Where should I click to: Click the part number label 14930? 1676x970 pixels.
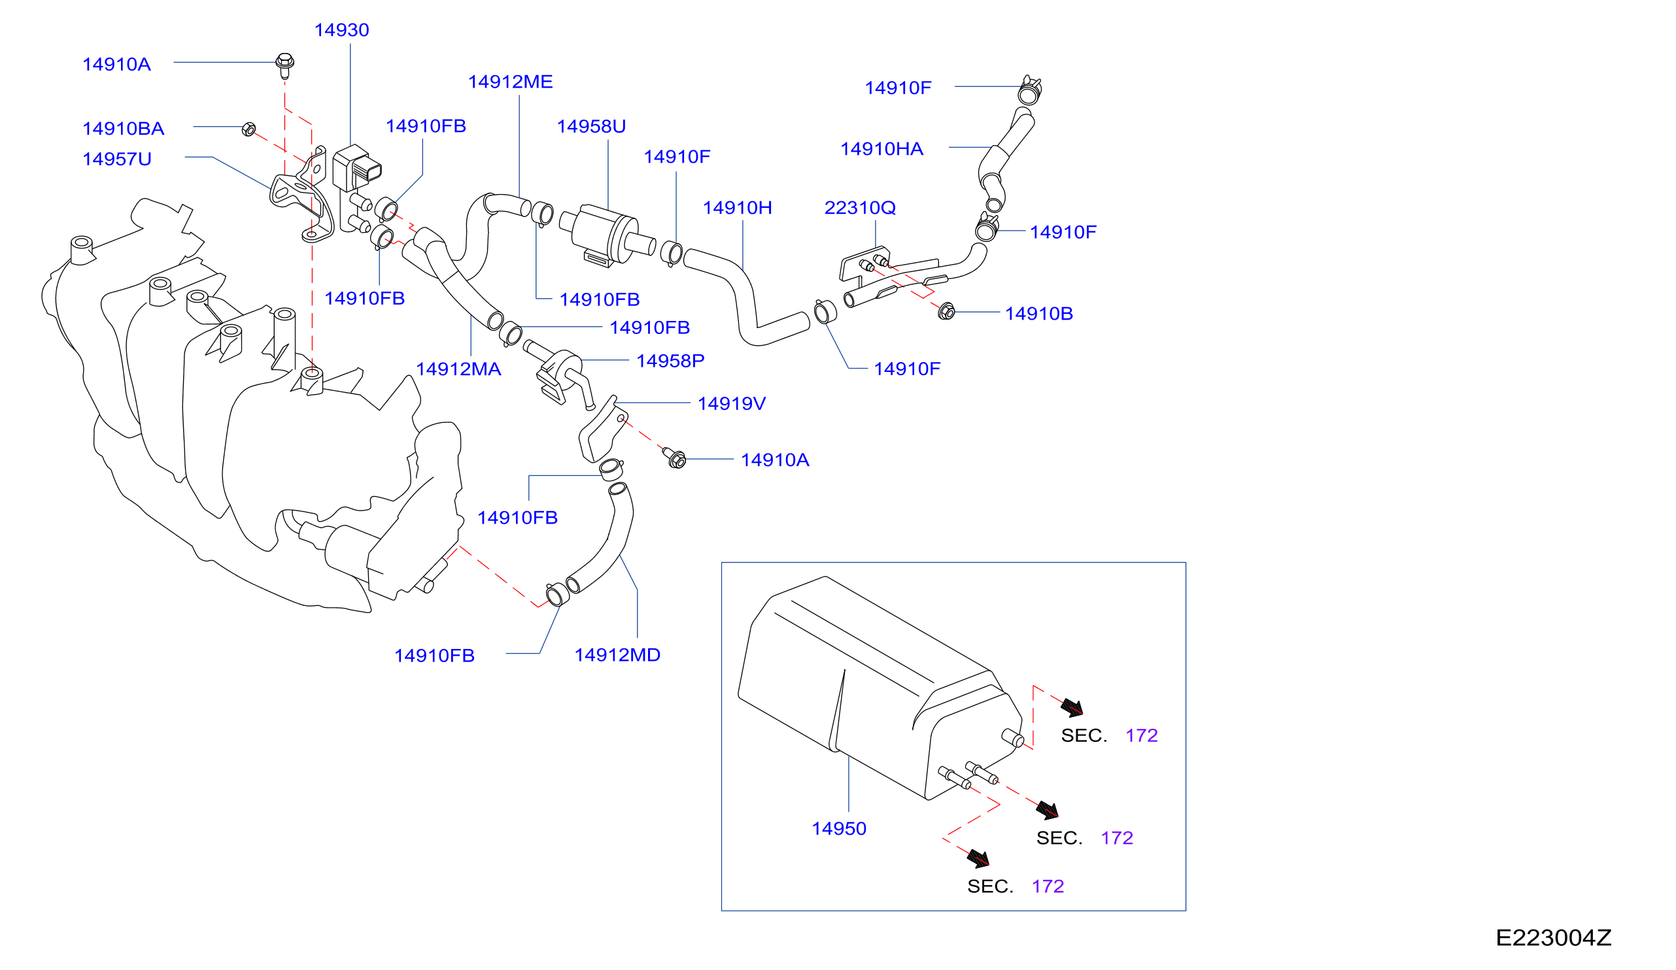pos(341,30)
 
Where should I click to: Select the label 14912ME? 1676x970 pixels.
pos(510,82)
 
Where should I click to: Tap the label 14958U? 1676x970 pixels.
pos(591,126)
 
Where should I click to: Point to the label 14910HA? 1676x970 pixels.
pos(881,149)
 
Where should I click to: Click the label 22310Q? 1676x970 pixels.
pos(860,208)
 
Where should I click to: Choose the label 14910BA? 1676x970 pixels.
pos(123,129)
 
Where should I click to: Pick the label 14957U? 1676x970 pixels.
pos(117,159)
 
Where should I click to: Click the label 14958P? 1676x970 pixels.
pos(670,361)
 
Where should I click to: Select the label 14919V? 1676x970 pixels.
pos(732,403)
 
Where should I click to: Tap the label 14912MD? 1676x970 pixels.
pos(617,655)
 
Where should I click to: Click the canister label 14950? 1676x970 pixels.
pos(839,828)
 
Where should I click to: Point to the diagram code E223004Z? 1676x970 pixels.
pos(1553,937)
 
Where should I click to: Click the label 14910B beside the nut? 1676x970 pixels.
pos(1039,314)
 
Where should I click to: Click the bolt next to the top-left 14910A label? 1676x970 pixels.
pos(284,65)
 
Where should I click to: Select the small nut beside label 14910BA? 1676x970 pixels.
pos(248,129)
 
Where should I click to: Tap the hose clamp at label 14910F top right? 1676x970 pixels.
pos(1029,91)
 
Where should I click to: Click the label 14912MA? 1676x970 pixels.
pos(458,370)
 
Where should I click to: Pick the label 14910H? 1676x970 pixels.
pos(737,208)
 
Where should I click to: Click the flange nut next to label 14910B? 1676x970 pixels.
pos(946,310)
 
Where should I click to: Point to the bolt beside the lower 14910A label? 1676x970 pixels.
pos(675,458)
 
